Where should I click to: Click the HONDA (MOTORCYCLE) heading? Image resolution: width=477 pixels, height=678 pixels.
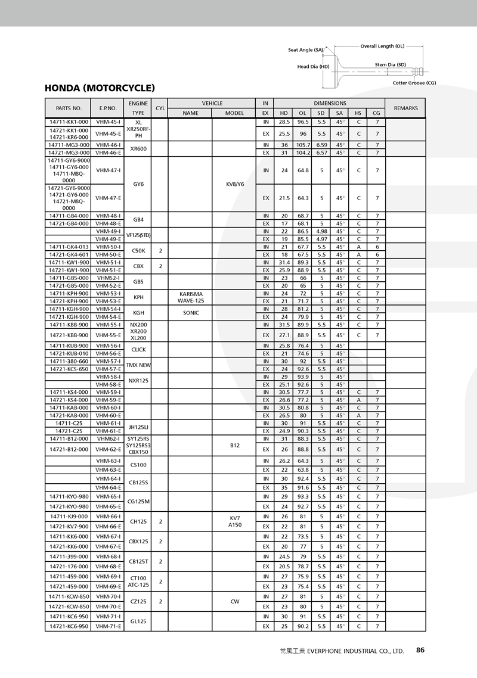[x=100, y=88]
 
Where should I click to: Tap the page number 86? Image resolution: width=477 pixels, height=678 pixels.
[x=420, y=650]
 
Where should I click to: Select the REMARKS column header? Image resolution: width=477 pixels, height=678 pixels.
[x=405, y=108]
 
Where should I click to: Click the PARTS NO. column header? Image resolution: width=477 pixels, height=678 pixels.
[x=69, y=108]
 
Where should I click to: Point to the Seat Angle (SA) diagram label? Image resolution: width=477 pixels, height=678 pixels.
[x=305, y=50]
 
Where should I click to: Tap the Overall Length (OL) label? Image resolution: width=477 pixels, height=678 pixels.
[x=382, y=46]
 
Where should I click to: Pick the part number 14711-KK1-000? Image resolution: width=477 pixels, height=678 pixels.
[x=69, y=122]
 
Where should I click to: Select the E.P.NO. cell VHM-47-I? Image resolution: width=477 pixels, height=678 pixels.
[x=109, y=170]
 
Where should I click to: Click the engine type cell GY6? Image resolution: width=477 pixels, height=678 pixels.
[x=138, y=184]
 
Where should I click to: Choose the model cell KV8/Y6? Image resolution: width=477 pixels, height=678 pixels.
[x=235, y=184]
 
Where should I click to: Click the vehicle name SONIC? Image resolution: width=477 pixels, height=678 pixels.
[x=191, y=313]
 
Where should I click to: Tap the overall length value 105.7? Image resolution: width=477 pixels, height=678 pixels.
[x=303, y=145]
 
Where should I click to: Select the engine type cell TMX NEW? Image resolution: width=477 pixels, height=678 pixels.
[x=138, y=365]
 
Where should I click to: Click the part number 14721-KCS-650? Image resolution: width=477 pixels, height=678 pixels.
[x=69, y=369]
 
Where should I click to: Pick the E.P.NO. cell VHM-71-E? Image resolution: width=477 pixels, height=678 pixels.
[x=109, y=627]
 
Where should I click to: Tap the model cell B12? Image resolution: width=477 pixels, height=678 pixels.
[x=235, y=444]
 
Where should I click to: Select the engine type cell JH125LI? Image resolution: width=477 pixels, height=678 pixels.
[x=138, y=427]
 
